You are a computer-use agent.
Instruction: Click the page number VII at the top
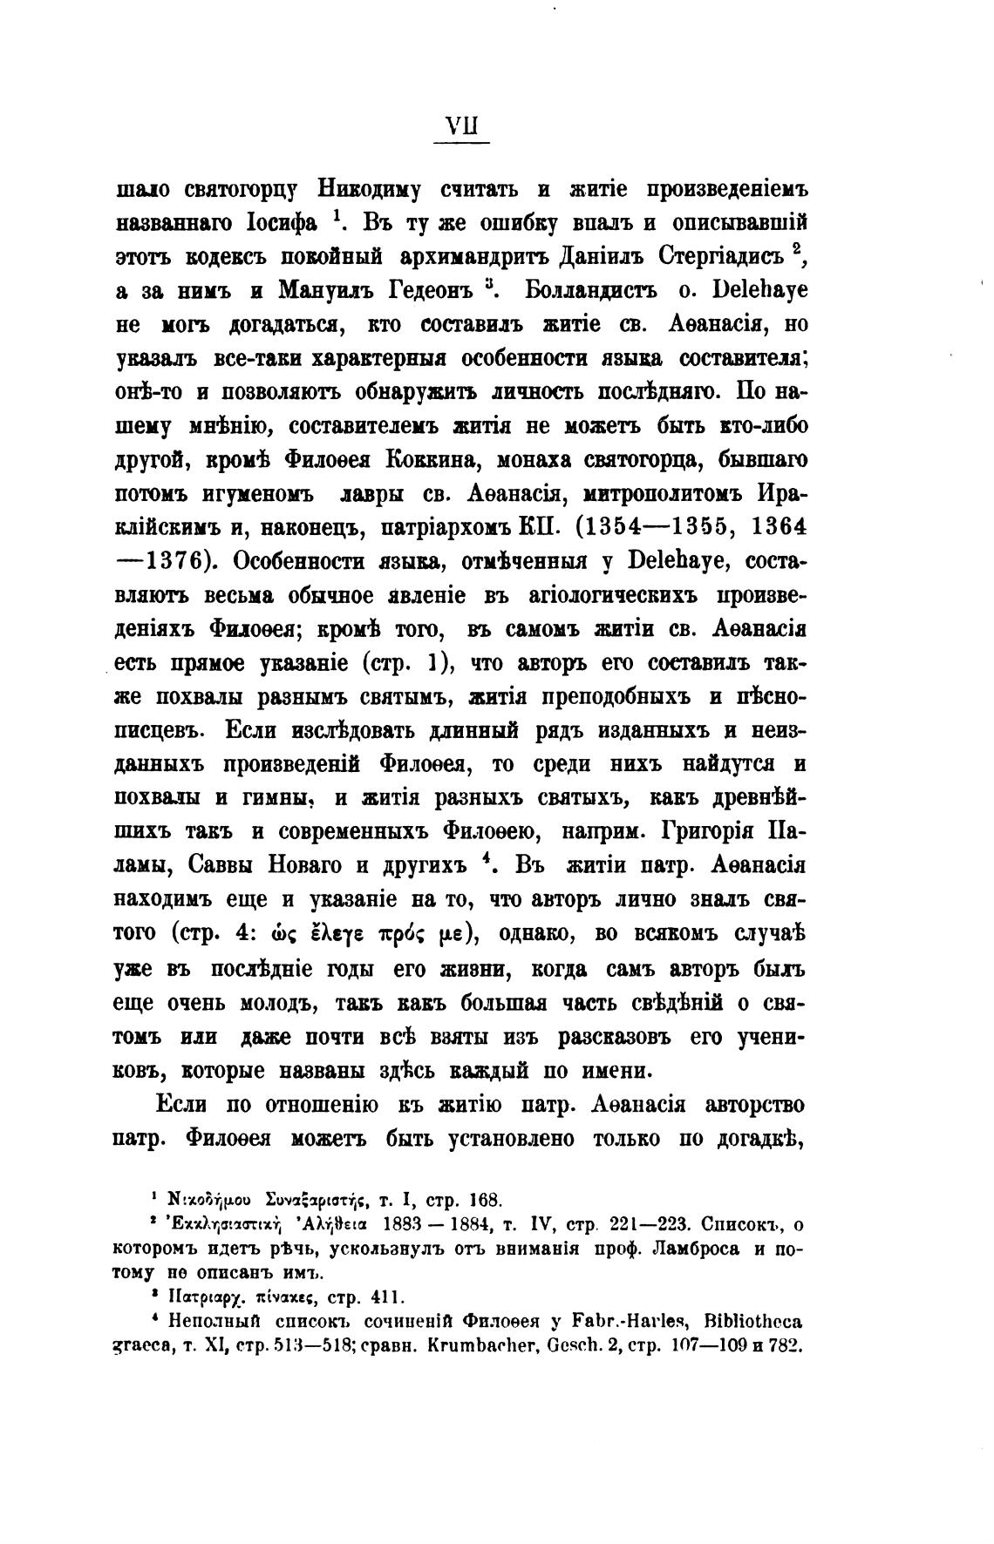coord(462,125)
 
